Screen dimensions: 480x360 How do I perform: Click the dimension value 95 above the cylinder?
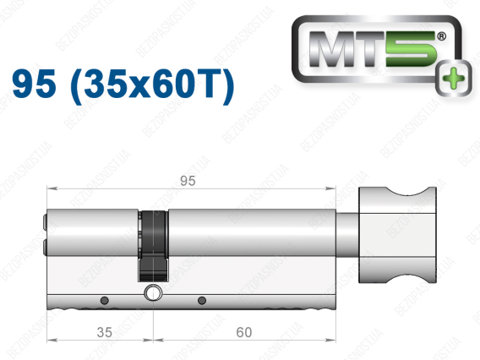pyautogui.click(x=188, y=181)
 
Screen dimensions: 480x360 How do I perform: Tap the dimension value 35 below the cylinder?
pyautogui.click(x=105, y=332)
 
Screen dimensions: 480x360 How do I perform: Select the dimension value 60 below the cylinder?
pyautogui.click(x=244, y=332)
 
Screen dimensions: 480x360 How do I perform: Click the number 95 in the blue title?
pyautogui.click(x=34, y=83)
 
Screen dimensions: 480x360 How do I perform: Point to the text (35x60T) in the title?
pyautogui.click(x=152, y=85)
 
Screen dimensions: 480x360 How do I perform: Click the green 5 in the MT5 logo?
pyautogui.click(x=411, y=49)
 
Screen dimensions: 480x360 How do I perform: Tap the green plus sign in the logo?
pyautogui.click(x=454, y=79)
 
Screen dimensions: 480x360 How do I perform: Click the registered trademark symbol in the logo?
pyautogui.click(x=442, y=36)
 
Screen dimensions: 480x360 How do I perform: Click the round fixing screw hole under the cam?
pyautogui.click(x=152, y=293)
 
